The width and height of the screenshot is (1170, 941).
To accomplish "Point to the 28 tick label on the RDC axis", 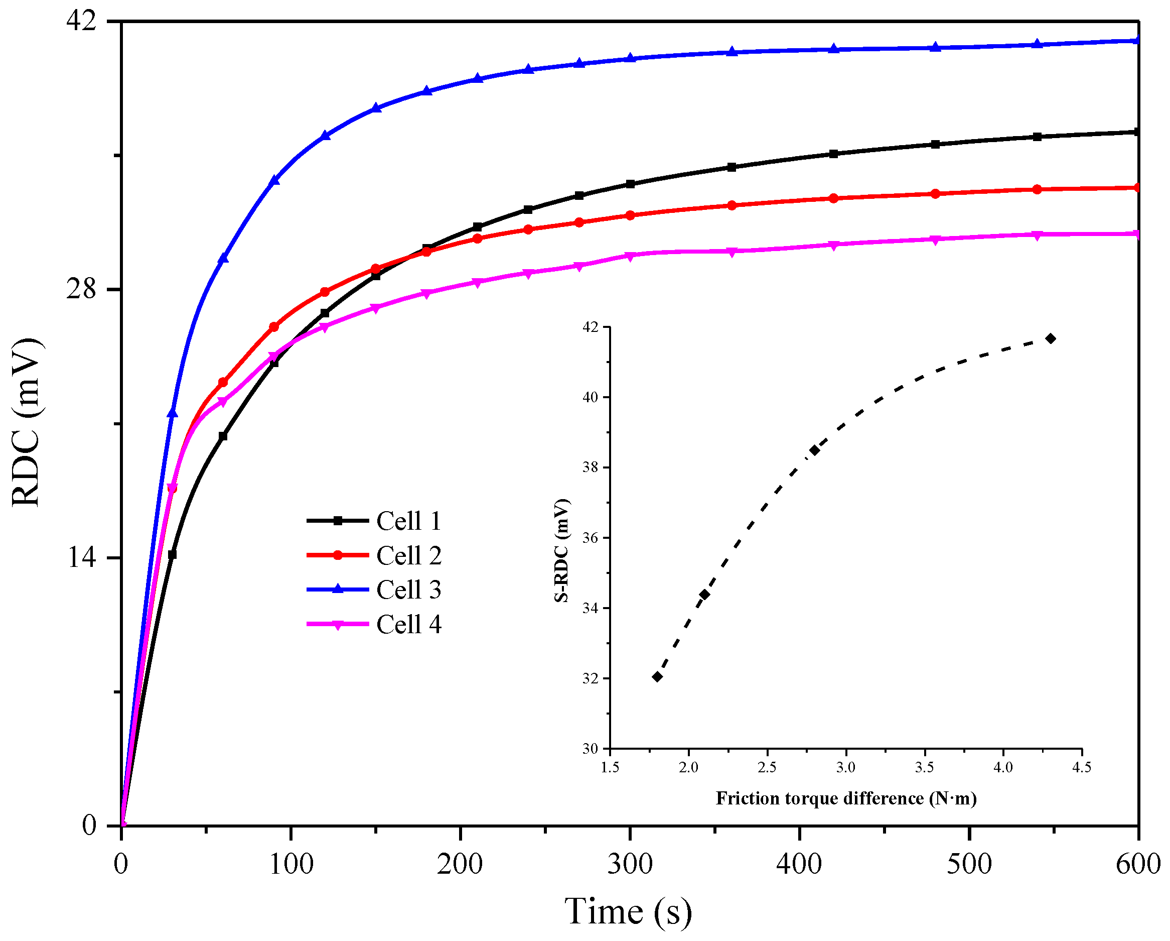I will pos(81,289).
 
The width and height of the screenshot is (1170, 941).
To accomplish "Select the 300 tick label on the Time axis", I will pos(630,863).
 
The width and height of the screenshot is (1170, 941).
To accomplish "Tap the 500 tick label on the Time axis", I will pos(969,863).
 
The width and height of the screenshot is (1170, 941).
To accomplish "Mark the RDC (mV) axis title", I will pos(26,422).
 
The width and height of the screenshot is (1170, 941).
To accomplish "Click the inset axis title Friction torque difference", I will pos(846,798).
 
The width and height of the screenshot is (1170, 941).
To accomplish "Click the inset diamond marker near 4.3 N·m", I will pos(1051,339).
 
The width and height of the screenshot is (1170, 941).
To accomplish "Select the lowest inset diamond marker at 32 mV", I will pos(657,676).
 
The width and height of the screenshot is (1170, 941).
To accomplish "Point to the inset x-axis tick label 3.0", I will pos(845,767).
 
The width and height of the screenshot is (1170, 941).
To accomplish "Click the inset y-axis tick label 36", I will pos(590,538).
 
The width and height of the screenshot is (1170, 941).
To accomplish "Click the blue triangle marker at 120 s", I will pos(325,136).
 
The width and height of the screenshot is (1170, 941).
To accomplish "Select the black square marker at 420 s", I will pos(834,154).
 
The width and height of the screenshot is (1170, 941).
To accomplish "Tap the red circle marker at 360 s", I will pos(732,205).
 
